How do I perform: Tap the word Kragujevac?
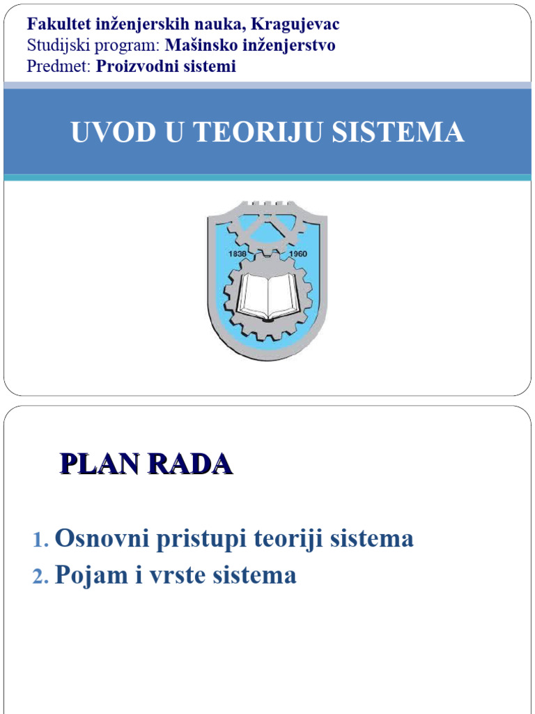(x=295, y=24)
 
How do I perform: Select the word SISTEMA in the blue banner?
(x=398, y=132)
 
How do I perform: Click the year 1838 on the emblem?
(x=238, y=255)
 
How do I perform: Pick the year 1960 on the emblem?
(x=297, y=255)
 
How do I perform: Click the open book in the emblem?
(x=267, y=296)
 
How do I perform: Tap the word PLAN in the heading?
(x=97, y=464)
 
